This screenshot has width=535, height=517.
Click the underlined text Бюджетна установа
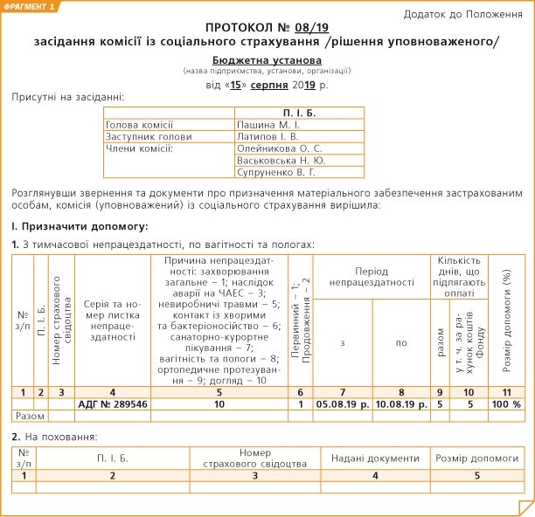pos(267,59)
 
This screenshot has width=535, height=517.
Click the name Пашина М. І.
pos(267,125)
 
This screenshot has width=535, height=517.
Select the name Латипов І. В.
pos(267,136)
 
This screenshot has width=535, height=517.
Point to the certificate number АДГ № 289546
pos(113,404)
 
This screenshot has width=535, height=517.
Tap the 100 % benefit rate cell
pos(504,404)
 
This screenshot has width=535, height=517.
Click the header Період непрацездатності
pos(372,277)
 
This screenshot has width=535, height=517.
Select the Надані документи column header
pos(375,458)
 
